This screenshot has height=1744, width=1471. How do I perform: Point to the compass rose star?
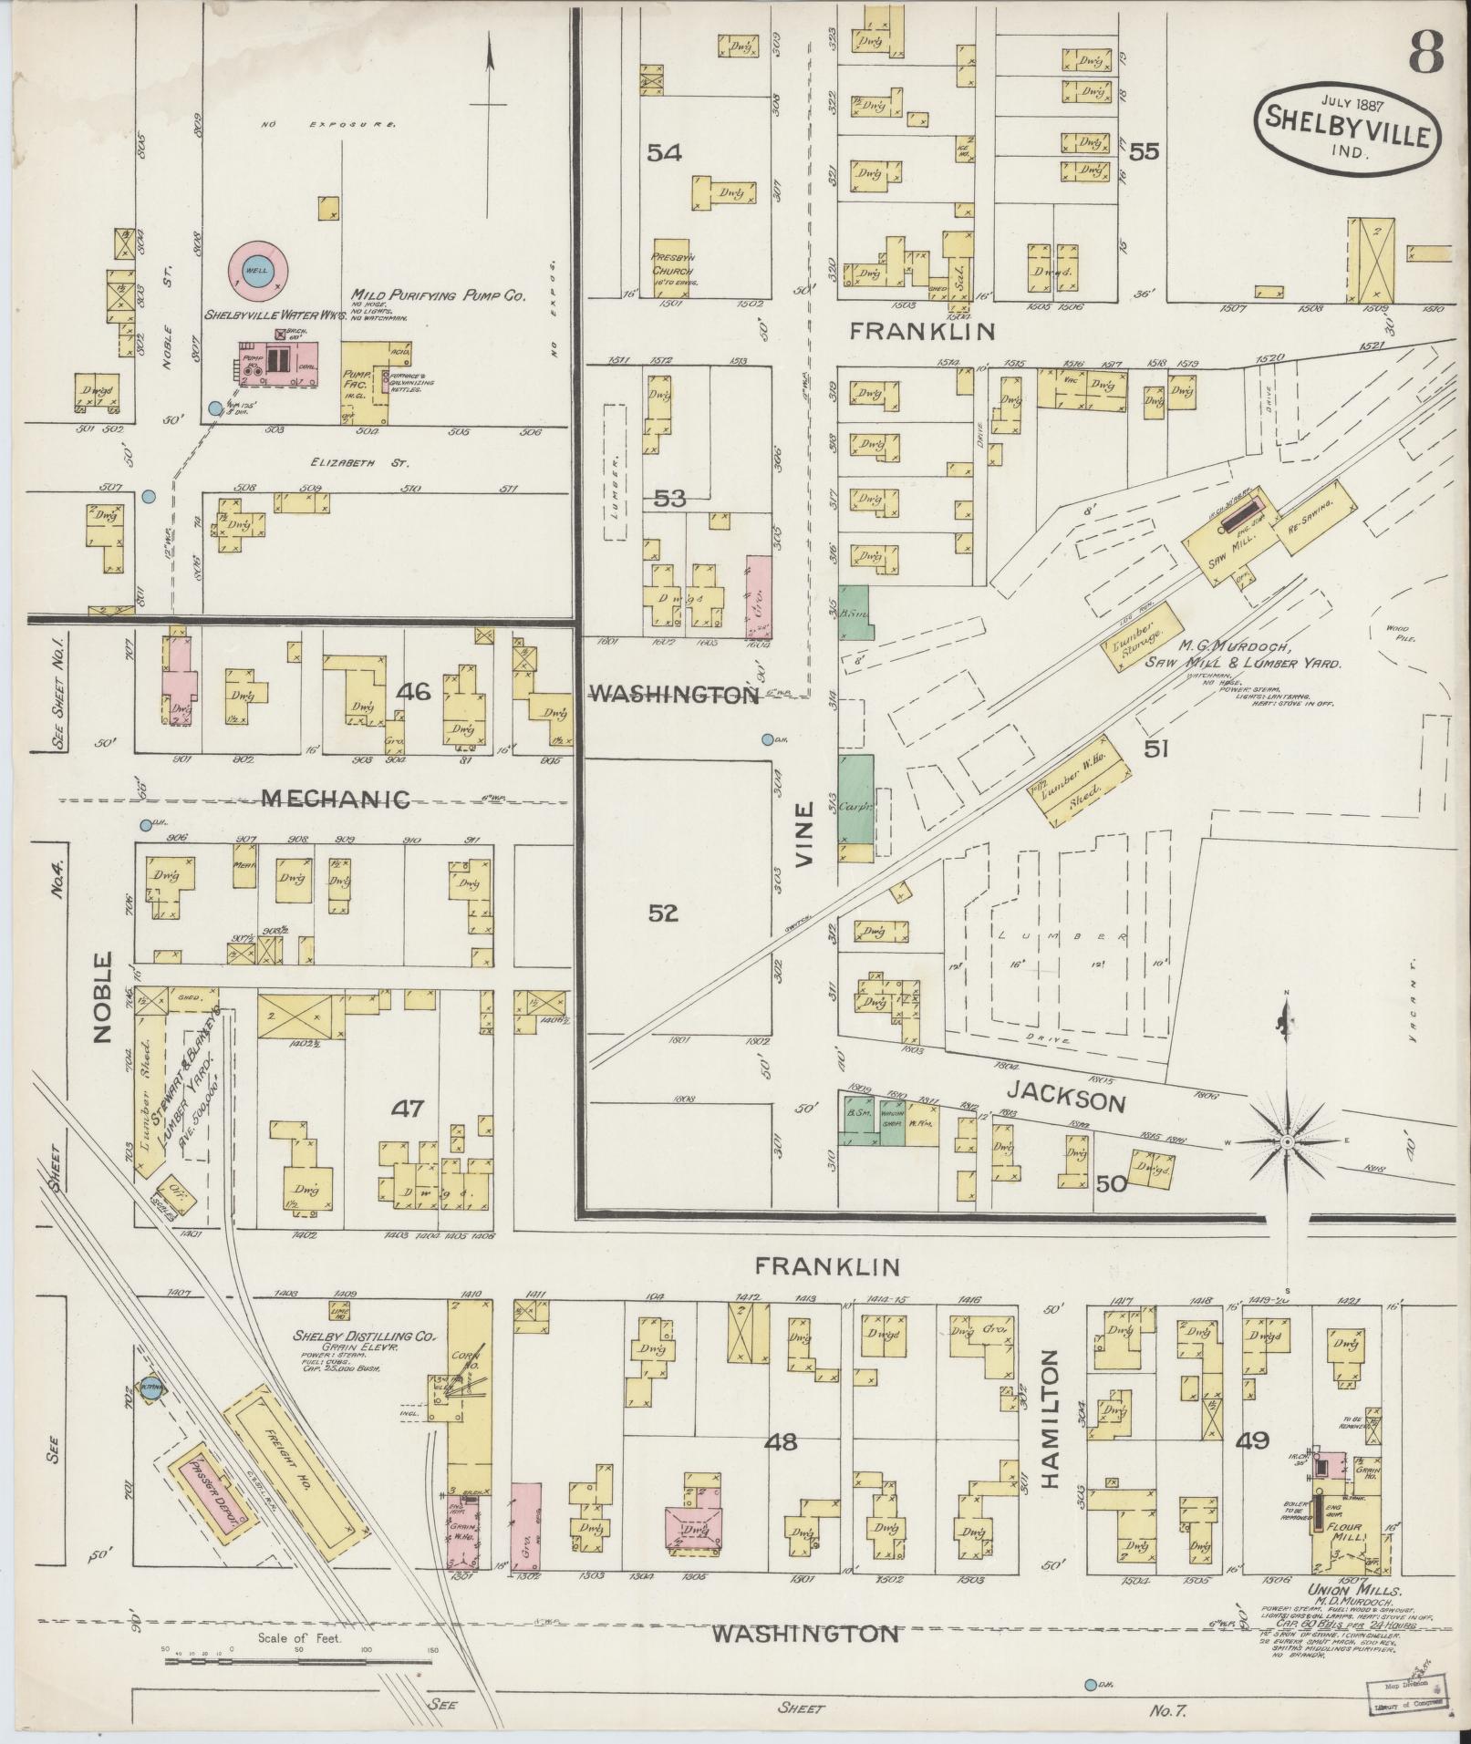1286,1141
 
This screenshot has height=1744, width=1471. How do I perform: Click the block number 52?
664,913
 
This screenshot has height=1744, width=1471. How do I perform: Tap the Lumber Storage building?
1129,647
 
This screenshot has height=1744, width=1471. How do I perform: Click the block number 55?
1144,151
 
